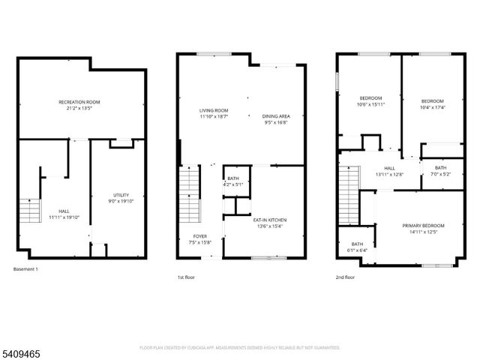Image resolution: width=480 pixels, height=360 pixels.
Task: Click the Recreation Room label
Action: (x=79, y=102)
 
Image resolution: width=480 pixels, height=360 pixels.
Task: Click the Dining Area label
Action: (x=276, y=116)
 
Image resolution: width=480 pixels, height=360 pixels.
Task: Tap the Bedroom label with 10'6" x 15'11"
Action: (x=370, y=98)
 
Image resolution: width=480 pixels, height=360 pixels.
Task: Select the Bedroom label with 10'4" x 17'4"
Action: (x=432, y=101)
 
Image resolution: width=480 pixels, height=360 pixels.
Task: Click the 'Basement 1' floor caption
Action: (x=26, y=269)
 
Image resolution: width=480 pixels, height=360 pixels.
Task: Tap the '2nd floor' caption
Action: (x=346, y=277)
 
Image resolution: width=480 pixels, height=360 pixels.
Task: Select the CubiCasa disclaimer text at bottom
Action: (x=239, y=348)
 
